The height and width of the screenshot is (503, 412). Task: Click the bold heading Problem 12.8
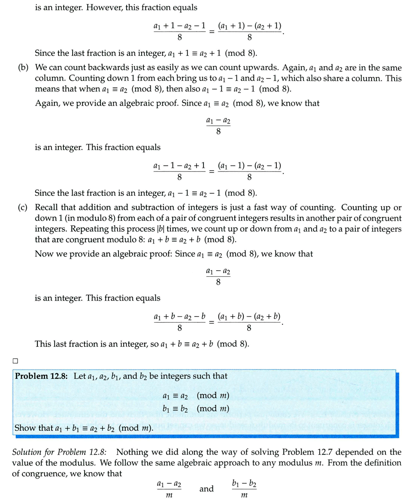click(42, 376)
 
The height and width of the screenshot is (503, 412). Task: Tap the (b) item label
click(23, 68)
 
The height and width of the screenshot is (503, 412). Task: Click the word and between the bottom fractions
click(206, 489)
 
